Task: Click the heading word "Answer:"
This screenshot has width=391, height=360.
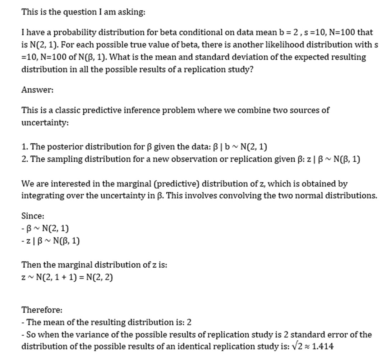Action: pos(37,90)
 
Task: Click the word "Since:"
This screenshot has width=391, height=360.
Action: pos(33,216)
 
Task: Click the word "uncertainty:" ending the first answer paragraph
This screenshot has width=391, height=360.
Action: pos(45,123)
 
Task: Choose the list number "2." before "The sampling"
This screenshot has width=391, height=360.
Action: pos(25,159)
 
